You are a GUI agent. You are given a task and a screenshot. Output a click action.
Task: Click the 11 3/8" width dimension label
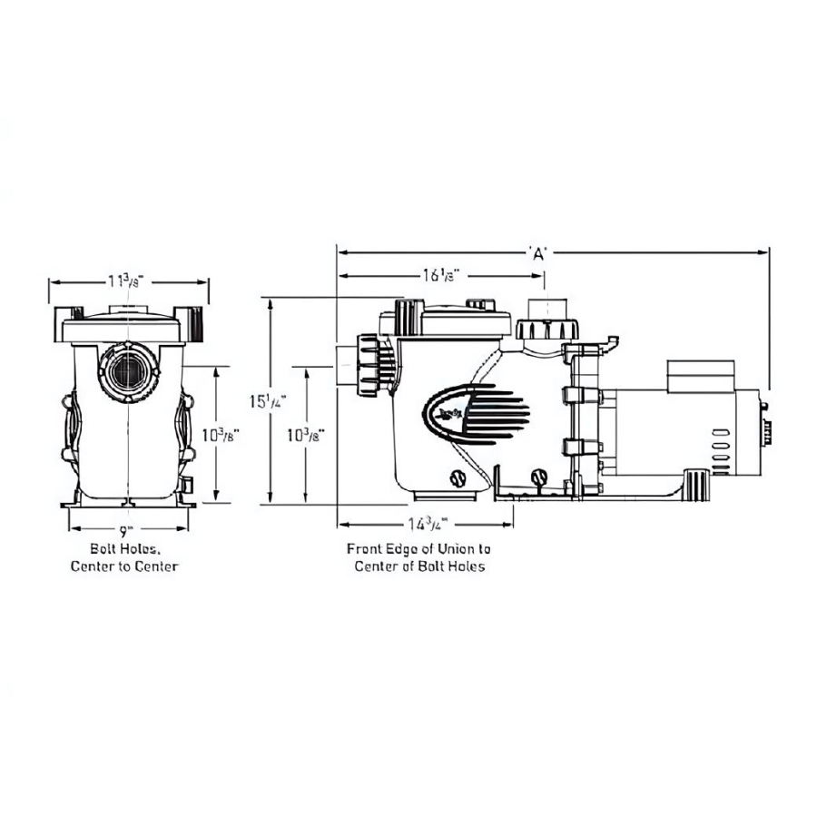pos(126,281)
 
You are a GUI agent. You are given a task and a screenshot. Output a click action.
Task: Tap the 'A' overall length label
pos(538,254)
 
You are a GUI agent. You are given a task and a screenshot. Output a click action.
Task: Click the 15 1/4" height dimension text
pos(271,400)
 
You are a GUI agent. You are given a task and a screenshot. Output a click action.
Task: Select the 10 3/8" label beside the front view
pos(216,434)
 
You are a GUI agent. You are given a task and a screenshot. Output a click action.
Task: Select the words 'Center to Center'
pos(124,566)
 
